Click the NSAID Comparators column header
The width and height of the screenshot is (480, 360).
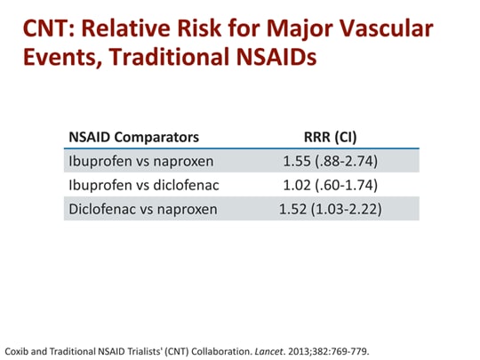133,137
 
